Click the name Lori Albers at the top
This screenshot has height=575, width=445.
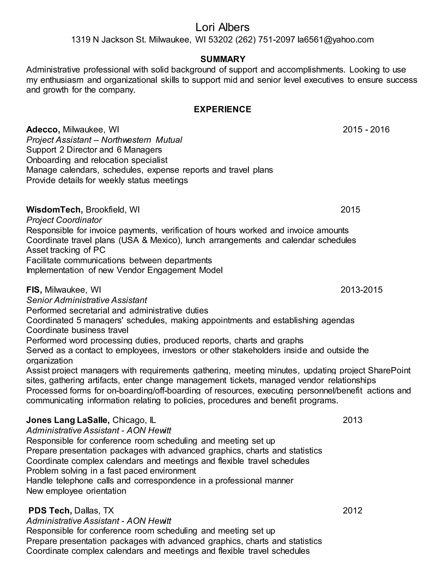coord(222,27)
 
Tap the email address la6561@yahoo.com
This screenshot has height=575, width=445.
coord(335,40)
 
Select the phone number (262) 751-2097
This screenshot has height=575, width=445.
coord(265,40)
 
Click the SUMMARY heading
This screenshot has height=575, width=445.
coord(223,59)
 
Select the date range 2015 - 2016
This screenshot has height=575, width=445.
coord(366,130)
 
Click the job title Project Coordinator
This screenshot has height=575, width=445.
coord(64,220)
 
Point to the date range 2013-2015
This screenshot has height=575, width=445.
coord(361,290)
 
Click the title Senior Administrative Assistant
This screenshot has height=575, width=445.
coord(87,300)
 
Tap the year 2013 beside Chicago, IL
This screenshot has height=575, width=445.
coord(352,420)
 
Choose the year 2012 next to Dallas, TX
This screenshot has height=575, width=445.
coord(352,511)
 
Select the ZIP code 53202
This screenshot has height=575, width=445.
coord(220,40)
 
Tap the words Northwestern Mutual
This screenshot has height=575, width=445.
coord(142,140)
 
